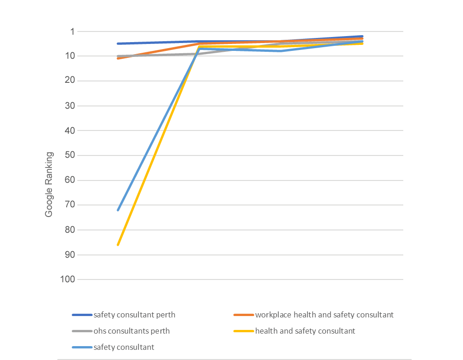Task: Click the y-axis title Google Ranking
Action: [49, 184]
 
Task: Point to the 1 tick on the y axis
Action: [72, 31]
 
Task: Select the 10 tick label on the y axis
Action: [70, 56]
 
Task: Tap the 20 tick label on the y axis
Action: [70, 81]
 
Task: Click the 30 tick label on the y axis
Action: [70, 106]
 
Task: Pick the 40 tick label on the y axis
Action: [70, 130]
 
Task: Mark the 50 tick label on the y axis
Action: [70, 155]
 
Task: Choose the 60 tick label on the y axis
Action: [70, 180]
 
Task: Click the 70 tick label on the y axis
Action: [70, 205]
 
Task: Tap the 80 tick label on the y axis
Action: [70, 230]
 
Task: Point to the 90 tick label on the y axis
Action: [70, 255]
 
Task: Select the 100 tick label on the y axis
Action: [68, 279]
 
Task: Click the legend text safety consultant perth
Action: [134, 315]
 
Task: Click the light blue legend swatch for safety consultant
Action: [82, 348]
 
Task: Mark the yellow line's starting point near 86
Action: [118, 245]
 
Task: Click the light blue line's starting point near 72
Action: [118, 210]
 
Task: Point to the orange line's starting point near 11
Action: [118, 58]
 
